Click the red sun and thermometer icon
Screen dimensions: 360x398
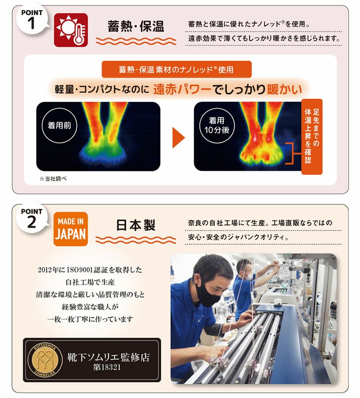[71, 30]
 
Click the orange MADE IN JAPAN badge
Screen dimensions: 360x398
[71, 229]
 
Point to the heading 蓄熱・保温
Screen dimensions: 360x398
[136, 26]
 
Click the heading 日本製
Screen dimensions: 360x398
[136, 225]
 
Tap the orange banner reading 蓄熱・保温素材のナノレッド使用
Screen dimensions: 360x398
[176, 69]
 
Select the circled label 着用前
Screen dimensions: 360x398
[60, 125]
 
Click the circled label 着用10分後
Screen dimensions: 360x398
[217, 125]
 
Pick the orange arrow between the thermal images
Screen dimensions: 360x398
[178, 138]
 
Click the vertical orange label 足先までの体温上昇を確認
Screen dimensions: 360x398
[312, 136]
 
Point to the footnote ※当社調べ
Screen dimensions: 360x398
[53, 179]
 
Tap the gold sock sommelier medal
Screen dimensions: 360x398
[45, 360]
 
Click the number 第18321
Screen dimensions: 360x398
[107, 367]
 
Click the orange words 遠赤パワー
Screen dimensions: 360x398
[182, 89]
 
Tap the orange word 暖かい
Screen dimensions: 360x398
[284, 89]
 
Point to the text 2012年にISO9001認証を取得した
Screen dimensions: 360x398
[90, 270]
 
